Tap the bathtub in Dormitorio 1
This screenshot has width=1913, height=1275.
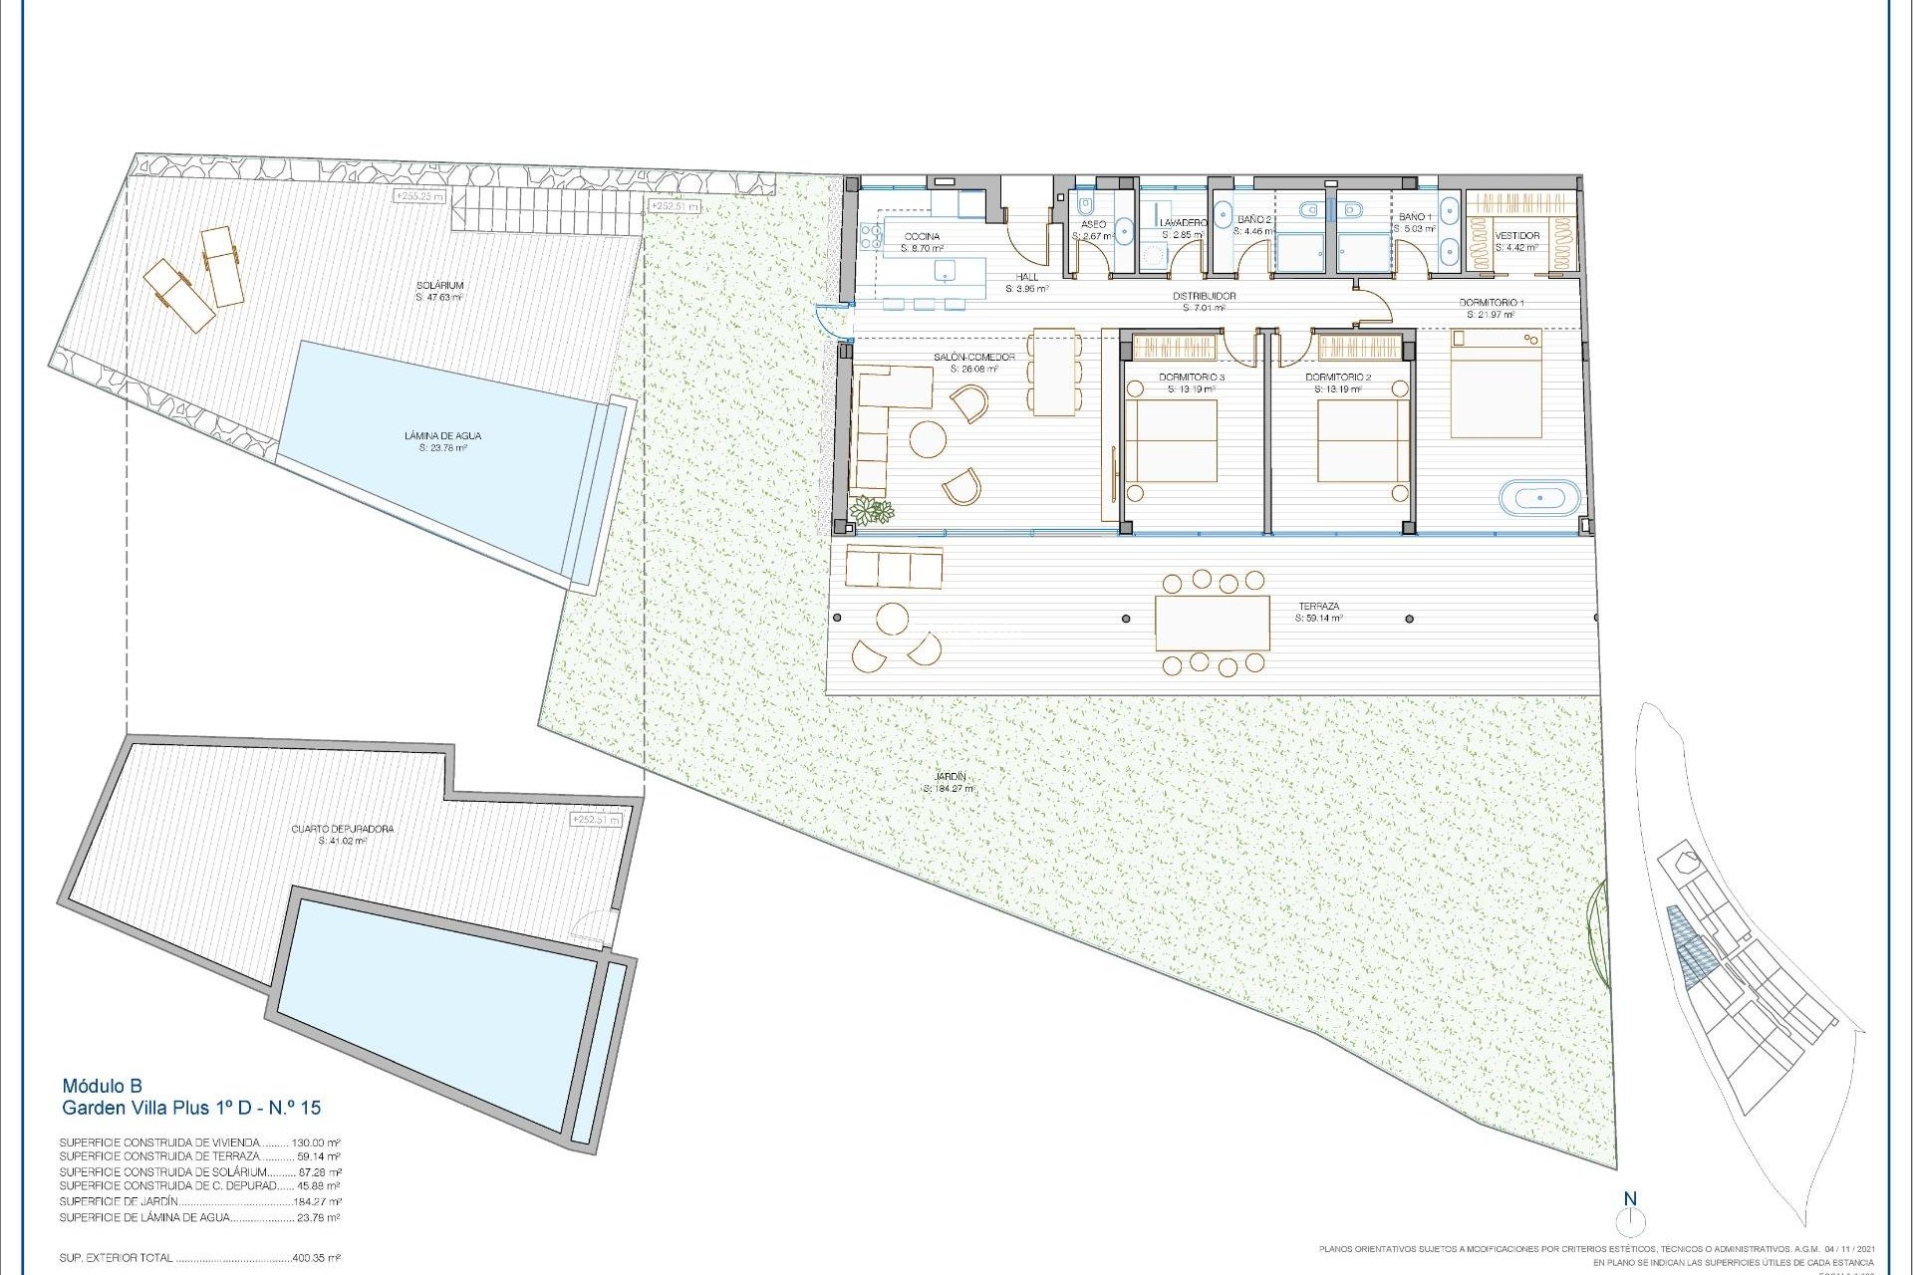pyautogui.click(x=1539, y=497)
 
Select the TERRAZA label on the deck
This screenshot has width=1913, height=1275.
pyautogui.click(x=1317, y=606)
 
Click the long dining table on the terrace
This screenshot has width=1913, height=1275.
pyautogui.click(x=1212, y=623)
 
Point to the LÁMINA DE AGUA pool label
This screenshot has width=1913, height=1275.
pyautogui.click(x=442, y=435)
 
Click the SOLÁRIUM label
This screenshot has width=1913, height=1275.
pyautogui.click(x=439, y=286)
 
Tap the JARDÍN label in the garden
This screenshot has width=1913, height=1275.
pyautogui.click(x=951, y=776)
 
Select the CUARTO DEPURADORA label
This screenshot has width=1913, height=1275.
pyautogui.click(x=342, y=829)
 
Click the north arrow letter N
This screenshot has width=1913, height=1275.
pyautogui.click(x=1630, y=1199)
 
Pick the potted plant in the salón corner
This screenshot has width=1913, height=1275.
pyautogui.click(x=873, y=511)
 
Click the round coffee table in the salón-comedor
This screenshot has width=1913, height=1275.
pyautogui.click(x=928, y=439)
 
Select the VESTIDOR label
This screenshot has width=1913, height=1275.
pyautogui.click(x=1517, y=236)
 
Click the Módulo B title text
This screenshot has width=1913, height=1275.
pyautogui.click(x=103, y=1086)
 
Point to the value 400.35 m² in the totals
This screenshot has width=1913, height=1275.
pyautogui.click(x=316, y=1258)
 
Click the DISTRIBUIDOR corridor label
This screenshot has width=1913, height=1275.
pyautogui.click(x=1203, y=296)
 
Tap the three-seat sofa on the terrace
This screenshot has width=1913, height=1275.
pyautogui.click(x=893, y=568)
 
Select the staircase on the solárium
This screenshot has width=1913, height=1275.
pyautogui.click(x=545, y=213)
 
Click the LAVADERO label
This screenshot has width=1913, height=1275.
pyautogui.click(x=1183, y=222)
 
